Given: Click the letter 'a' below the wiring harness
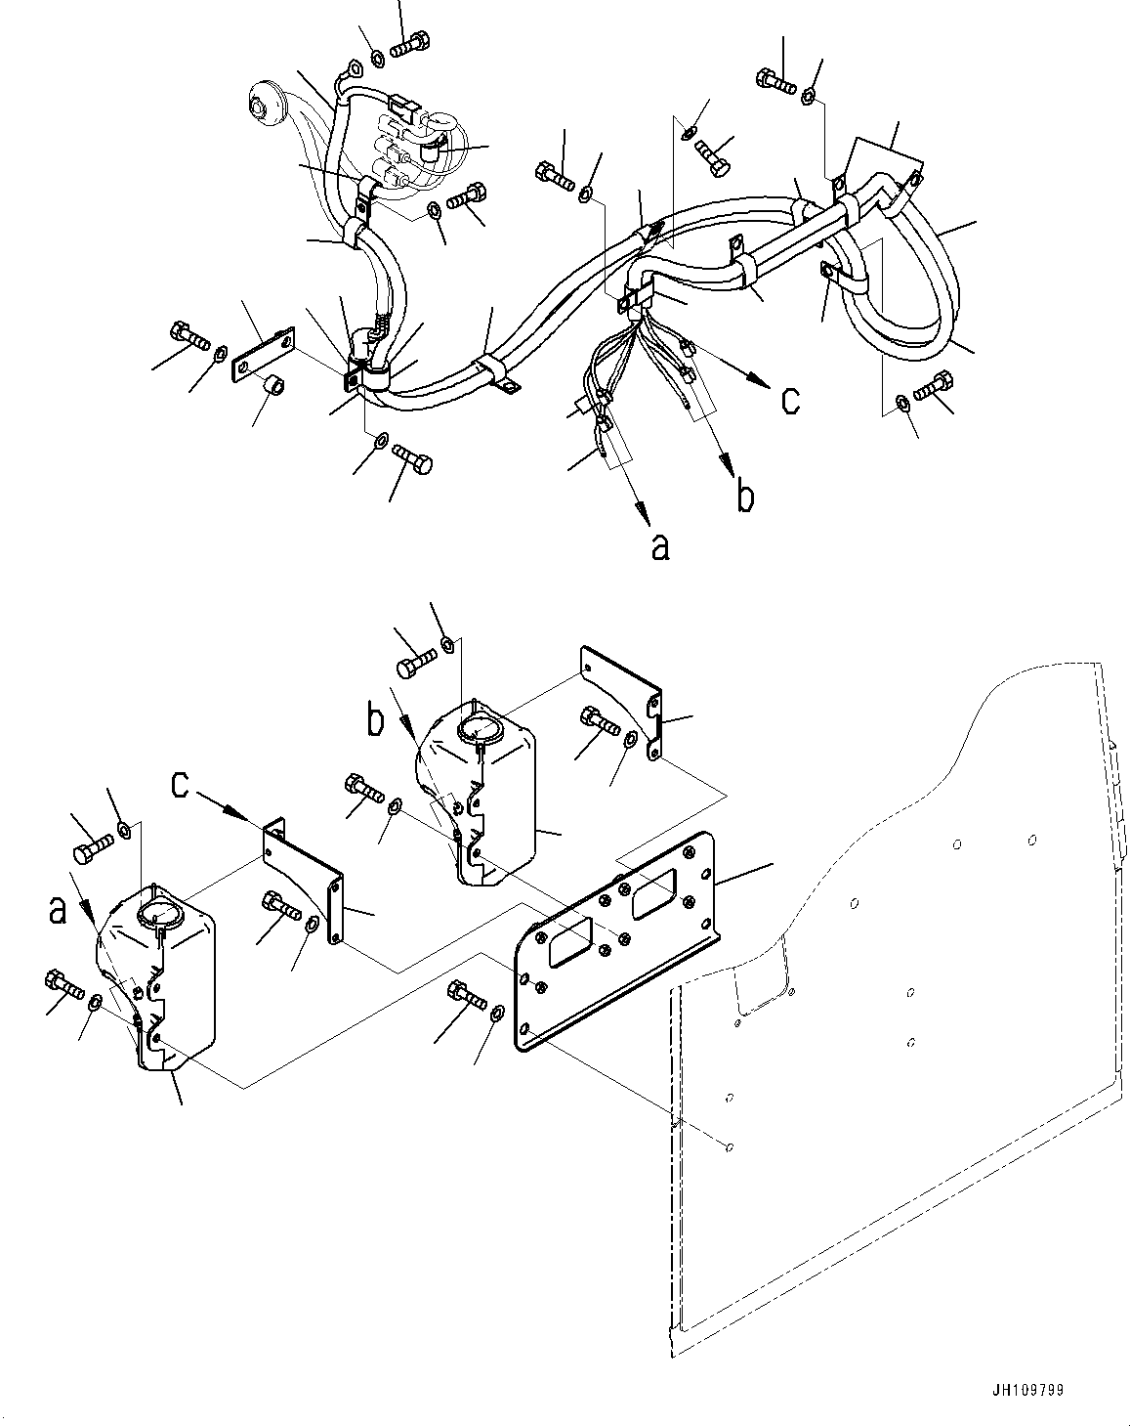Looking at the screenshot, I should point(661,548).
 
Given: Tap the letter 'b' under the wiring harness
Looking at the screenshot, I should point(744,497).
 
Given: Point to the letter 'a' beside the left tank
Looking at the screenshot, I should point(60,910).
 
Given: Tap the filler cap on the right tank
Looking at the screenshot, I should point(479,727).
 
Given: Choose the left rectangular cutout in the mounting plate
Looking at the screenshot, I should point(567,944).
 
